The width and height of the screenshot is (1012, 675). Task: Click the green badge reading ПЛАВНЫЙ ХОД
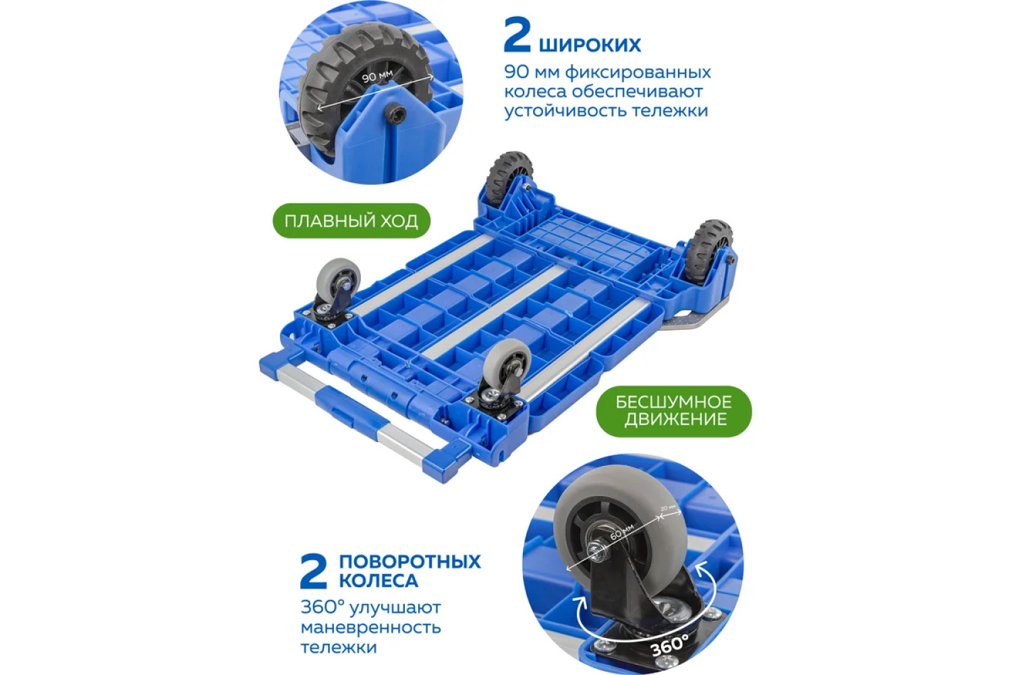(x=352, y=221)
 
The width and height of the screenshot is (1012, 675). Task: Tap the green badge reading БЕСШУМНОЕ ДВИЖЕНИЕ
(x=673, y=411)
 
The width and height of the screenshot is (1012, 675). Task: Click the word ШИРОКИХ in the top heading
(x=590, y=45)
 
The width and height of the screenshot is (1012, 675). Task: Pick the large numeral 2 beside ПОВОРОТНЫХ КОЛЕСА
(x=314, y=571)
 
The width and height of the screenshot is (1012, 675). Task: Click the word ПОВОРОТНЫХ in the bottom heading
(x=410, y=562)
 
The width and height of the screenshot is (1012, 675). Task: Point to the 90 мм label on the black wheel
(x=377, y=76)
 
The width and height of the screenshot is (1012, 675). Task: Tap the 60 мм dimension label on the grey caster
(x=622, y=532)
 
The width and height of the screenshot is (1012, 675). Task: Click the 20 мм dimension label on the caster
(x=668, y=509)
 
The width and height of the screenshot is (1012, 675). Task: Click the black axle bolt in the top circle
(x=396, y=113)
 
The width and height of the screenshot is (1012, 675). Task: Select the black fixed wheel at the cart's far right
(x=707, y=252)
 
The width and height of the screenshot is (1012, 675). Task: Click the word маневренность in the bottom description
(x=370, y=628)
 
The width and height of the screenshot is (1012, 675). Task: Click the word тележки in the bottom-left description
(x=339, y=647)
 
